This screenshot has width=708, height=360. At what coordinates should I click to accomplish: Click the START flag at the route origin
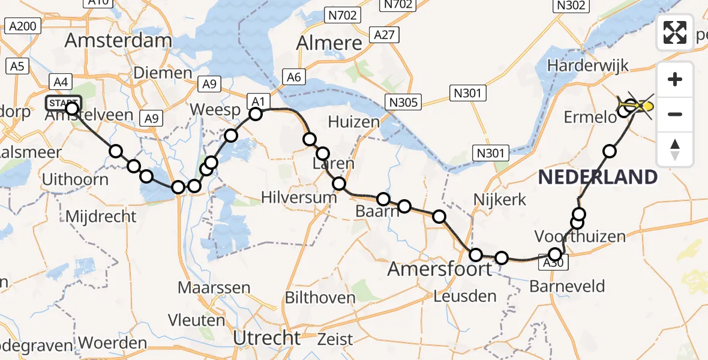click(x=63, y=103)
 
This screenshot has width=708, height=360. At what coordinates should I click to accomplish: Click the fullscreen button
click(x=675, y=32)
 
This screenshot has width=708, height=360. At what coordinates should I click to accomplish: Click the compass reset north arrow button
click(x=675, y=149)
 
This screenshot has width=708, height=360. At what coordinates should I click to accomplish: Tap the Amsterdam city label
click(x=118, y=41)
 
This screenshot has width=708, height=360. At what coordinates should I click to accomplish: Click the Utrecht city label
click(x=267, y=338)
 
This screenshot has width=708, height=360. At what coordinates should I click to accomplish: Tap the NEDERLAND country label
click(x=598, y=177)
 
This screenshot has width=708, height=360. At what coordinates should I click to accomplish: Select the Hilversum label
click(x=299, y=197)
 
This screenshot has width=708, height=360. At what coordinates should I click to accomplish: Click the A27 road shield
click(x=383, y=35)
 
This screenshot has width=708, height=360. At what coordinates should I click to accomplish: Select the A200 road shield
click(x=22, y=26)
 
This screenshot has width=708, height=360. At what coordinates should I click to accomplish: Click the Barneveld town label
click(x=567, y=286)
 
